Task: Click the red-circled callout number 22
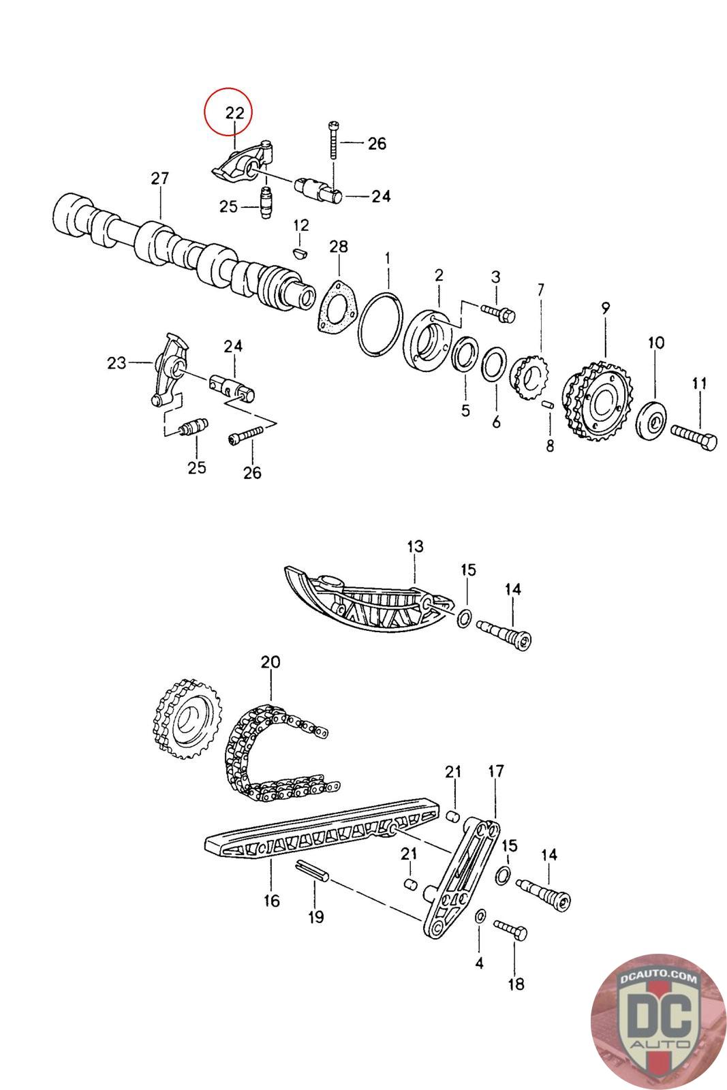pos(229,113)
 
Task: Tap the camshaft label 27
pos(159,179)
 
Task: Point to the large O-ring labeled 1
pos(379,324)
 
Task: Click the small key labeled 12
pos(299,253)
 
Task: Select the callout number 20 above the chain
pos(270,661)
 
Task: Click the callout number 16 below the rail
pos(271,901)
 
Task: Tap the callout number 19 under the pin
pos(315,917)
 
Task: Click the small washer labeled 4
pos(480,917)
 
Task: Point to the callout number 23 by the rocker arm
pos(117,363)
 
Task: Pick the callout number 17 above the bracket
pos(495,772)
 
